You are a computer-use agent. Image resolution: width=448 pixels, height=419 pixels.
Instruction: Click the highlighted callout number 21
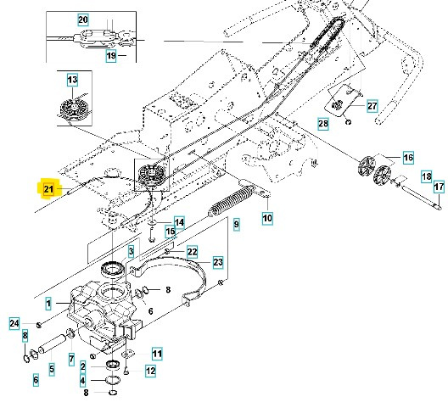[48, 188]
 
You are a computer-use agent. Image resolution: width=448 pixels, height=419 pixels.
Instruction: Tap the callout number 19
[110, 56]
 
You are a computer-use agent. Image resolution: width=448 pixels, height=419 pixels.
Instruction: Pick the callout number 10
[267, 219]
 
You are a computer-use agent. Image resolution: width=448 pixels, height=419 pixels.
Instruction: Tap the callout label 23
[217, 262]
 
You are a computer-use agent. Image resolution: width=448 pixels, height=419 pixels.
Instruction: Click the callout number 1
[48, 303]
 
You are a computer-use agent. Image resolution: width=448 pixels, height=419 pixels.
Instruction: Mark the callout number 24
[14, 322]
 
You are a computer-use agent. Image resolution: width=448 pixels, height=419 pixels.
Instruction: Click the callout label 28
[322, 124]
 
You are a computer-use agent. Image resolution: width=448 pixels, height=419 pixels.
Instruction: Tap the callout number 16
[407, 158]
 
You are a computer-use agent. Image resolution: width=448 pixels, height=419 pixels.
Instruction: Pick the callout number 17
[439, 187]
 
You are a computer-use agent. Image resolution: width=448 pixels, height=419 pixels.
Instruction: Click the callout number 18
[426, 176]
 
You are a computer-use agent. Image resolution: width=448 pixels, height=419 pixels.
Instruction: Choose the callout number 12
[150, 370]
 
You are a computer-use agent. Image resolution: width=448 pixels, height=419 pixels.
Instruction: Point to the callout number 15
[170, 232]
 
